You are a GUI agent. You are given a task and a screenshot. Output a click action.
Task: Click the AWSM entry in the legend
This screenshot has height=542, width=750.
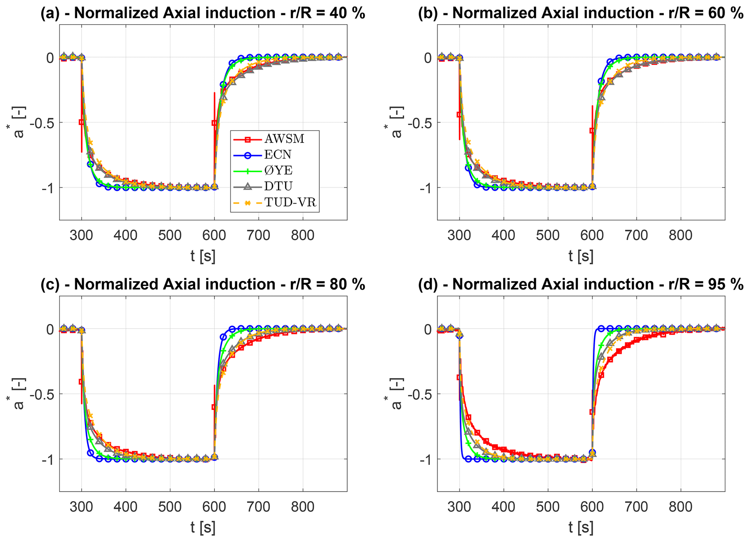pos(284,139)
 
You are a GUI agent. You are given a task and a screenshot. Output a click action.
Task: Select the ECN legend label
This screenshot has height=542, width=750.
pos(278,155)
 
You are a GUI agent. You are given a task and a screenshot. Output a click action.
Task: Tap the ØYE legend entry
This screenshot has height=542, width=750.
pos(278,171)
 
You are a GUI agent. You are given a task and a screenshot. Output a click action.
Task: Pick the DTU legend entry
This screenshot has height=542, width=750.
pos(278,186)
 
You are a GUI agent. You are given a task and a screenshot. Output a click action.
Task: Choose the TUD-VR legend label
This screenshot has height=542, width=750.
pos(290,202)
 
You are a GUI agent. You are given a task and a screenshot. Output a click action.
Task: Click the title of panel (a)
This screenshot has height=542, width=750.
pos(203,13)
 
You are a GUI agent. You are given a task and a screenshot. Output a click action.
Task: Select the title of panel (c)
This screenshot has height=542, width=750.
pos(203,284)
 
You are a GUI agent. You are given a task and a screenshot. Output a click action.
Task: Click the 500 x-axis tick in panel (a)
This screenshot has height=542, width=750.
pos(170,235)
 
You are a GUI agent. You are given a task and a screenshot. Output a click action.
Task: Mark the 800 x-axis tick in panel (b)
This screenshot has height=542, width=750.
pos(680,235)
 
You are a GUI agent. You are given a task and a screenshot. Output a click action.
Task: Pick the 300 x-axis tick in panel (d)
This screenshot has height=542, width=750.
pos(459,507)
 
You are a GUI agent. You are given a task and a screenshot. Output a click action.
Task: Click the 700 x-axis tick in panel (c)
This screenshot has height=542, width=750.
pos(258,507)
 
